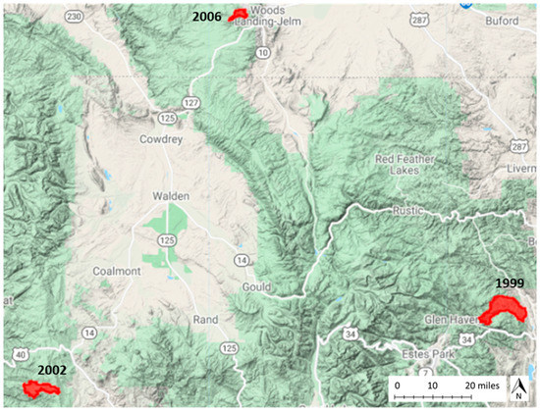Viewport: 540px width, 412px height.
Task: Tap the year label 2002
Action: (x=52, y=370)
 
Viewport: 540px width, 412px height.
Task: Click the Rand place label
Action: (x=205, y=320)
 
